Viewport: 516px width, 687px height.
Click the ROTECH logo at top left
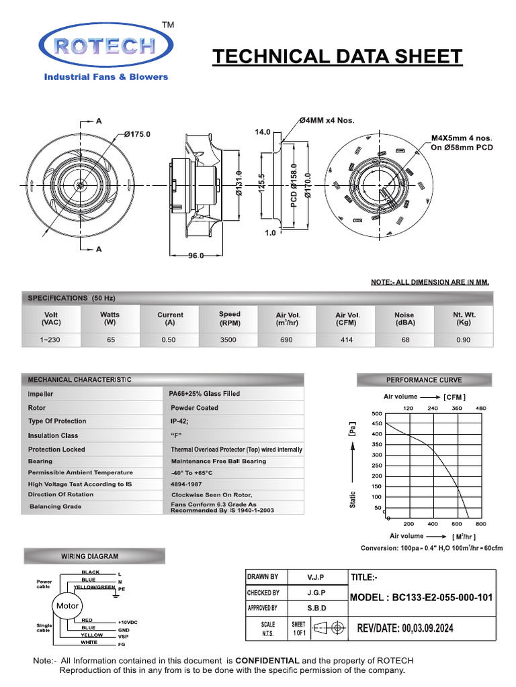pos(106,46)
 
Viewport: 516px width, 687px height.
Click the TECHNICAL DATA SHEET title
pos(337,57)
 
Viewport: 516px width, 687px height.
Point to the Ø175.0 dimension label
pos(138,134)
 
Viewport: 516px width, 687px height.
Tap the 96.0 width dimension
pos(196,256)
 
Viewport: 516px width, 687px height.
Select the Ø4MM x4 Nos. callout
pos(327,121)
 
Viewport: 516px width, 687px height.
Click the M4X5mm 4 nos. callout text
pos(462,138)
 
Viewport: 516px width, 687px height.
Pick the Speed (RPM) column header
pos(229,319)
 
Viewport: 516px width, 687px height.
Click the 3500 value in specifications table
pos(228,340)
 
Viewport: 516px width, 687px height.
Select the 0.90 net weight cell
pos(464,340)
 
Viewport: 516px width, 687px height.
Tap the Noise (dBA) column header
pos(404,319)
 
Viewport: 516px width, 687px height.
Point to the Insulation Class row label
pos(53,435)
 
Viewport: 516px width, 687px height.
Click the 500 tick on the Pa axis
pos(377,413)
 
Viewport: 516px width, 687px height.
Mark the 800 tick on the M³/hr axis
pos(480,524)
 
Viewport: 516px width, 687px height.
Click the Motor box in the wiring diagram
pos(68,606)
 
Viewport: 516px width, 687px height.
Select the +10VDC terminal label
pos(128,623)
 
